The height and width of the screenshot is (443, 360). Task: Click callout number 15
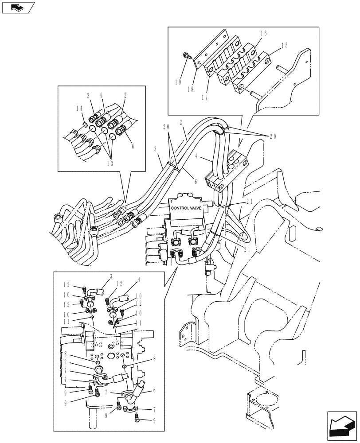[284, 45]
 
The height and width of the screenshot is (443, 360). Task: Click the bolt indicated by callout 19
[187, 56]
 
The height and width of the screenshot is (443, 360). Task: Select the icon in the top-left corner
[18, 8]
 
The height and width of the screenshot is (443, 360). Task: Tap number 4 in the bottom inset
[138, 280]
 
